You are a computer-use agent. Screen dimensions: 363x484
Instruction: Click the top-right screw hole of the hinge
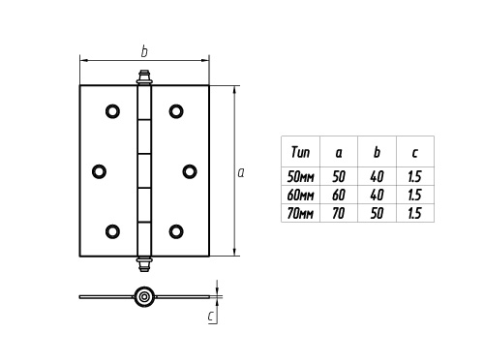coord(176,111)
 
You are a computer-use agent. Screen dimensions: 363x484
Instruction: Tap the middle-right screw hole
coord(189,171)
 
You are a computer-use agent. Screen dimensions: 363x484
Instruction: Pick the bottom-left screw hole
coord(113,230)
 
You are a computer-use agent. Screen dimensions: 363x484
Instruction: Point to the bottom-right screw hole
coord(176,230)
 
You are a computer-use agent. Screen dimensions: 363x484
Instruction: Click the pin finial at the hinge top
coord(144,76)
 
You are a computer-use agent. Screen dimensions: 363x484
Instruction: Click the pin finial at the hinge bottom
coord(144,263)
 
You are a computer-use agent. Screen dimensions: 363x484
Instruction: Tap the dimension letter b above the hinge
coord(143,50)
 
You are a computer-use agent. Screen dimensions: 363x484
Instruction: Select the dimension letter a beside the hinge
coord(240,171)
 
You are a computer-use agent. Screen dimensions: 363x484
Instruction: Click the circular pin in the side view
coord(144,296)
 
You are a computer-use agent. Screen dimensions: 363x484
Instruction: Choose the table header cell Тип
coord(300,152)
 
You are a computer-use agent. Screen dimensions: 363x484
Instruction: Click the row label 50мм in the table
coord(301,176)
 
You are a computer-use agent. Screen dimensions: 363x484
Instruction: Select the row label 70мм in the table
coord(301,213)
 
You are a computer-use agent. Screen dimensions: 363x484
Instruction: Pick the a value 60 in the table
coord(339,195)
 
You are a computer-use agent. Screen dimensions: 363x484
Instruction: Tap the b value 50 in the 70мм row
coord(377,213)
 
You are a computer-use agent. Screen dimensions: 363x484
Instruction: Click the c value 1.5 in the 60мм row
coord(414,195)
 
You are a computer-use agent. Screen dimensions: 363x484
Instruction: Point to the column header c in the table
coord(414,152)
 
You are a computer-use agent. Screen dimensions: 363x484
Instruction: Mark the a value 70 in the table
coord(339,213)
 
